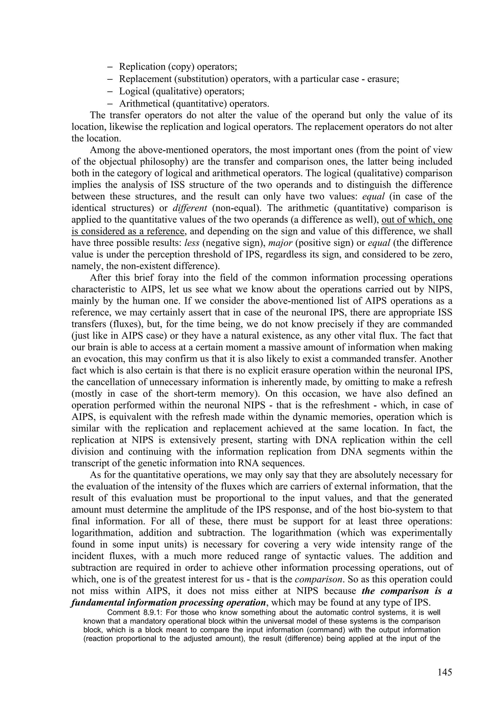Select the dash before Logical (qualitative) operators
click(111, 92)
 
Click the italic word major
click(280, 243)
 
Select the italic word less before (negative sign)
click(191, 243)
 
